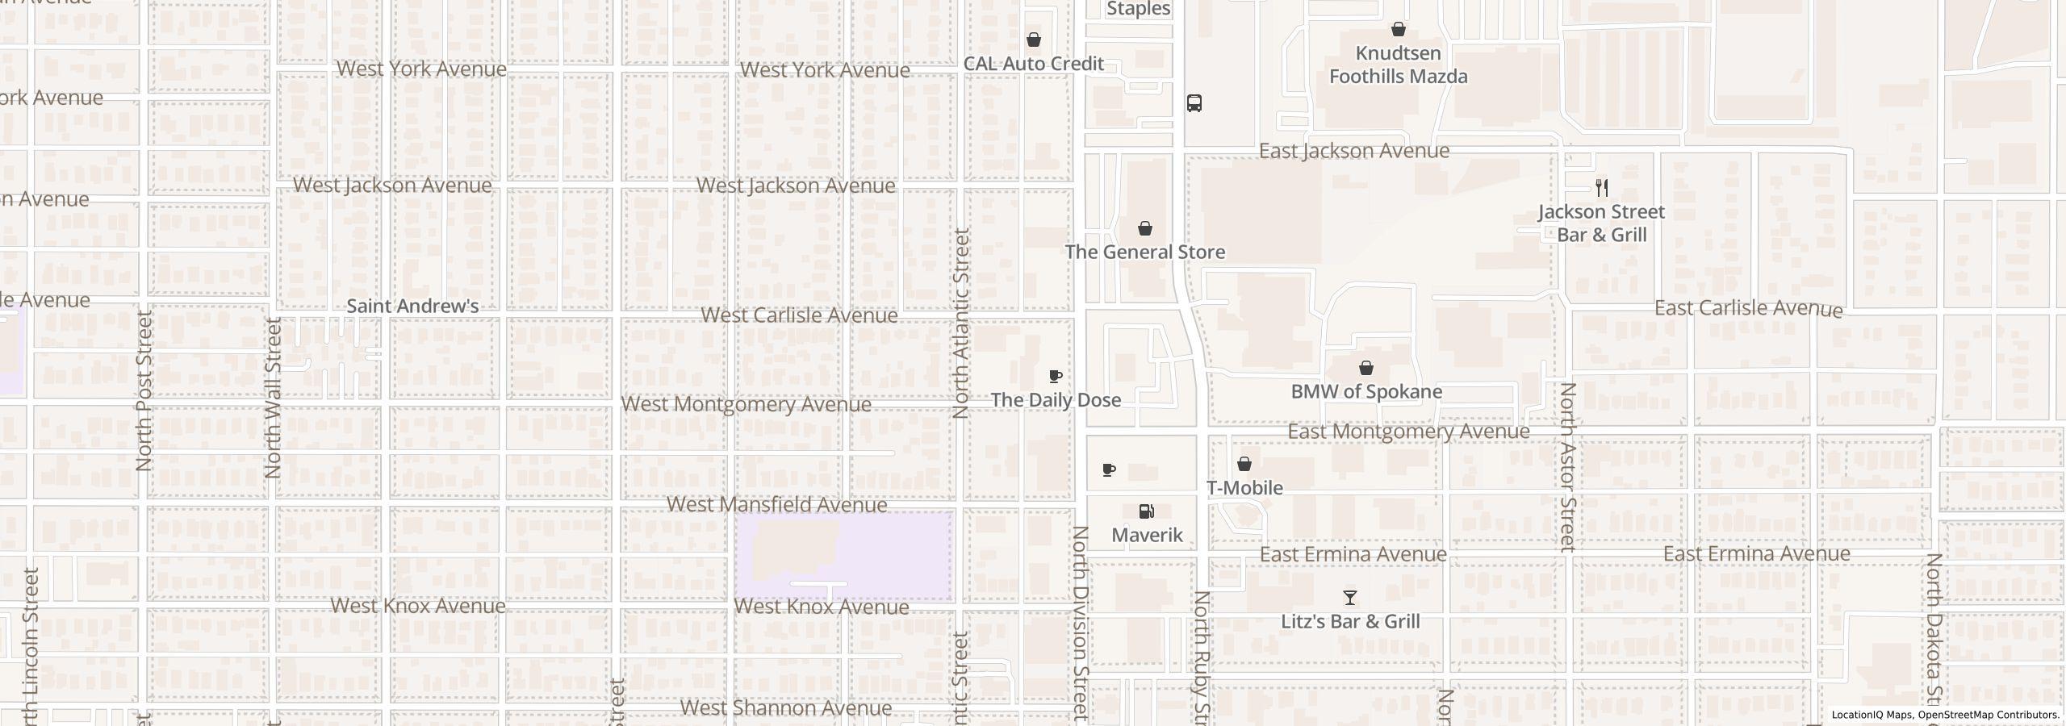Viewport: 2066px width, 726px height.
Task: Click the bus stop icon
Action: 1194,103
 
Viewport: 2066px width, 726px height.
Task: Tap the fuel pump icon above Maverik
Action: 1146,511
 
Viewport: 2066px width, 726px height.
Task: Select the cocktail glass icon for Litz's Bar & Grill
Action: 1350,598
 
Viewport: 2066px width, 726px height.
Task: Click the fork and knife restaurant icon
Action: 1602,188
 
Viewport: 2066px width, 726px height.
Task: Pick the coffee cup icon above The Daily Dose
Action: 1055,377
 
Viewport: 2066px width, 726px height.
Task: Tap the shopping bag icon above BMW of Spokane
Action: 1366,369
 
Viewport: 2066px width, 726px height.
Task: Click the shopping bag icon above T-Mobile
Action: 1244,464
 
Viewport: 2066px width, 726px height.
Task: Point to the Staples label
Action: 1139,9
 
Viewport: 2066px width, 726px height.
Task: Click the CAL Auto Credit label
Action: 1034,64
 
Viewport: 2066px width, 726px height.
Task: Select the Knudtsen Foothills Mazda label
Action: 1399,65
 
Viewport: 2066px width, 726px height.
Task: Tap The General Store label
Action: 1145,252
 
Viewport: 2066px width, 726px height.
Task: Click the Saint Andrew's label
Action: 412,306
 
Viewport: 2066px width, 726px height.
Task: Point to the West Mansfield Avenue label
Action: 777,504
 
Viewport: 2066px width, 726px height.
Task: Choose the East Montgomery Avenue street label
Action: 1408,432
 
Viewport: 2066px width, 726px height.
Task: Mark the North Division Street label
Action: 1081,621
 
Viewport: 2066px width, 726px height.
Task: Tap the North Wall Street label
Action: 273,397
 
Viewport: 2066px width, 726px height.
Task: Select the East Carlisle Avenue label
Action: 1748,308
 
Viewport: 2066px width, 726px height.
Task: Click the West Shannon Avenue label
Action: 786,707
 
